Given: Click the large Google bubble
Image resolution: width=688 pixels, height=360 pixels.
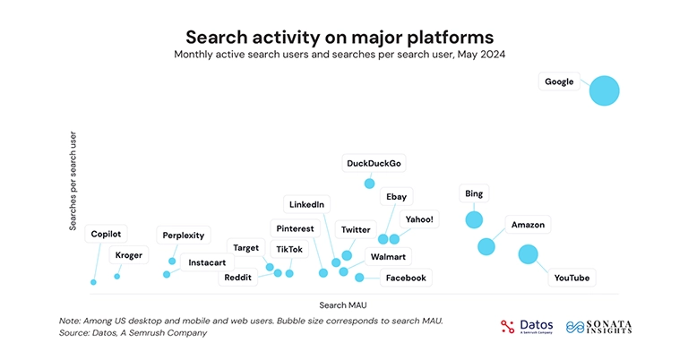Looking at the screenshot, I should click(x=604, y=90).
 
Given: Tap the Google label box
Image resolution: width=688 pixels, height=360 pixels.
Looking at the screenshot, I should click(x=559, y=81).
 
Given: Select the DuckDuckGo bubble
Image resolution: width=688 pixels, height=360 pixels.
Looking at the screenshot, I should click(x=369, y=184).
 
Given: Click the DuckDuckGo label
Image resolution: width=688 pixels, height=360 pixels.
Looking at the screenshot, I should click(x=374, y=163).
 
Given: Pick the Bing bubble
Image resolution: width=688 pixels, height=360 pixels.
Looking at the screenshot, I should click(x=474, y=219).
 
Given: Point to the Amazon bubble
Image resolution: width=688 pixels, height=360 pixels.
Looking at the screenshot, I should click(x=486, y=246).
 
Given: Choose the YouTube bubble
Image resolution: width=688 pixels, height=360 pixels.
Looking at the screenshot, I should click(x=529, y=254).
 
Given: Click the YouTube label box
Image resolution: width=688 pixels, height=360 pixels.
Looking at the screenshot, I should click(x=572, y=279).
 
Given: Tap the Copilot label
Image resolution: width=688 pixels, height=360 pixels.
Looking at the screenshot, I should click(x=107, y=234).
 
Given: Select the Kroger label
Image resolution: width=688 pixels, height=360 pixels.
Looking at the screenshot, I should click(x=128, y=255).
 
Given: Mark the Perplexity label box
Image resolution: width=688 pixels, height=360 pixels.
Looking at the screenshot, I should click(x=184, y=236).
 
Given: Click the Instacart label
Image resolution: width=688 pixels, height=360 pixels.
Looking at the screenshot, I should click(x=207, y=262).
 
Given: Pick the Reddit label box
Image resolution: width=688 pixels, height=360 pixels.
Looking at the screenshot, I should click(x=237, y=278).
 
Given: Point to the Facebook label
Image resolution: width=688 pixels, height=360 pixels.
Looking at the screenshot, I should click(x=405, y=278).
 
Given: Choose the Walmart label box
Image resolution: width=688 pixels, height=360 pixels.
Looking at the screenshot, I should click(x=387, y=257).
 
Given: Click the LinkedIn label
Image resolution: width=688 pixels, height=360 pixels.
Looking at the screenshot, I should click(x=306, y=204).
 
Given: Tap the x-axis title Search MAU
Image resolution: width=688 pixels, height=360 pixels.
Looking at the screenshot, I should click(x=343, y=304).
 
